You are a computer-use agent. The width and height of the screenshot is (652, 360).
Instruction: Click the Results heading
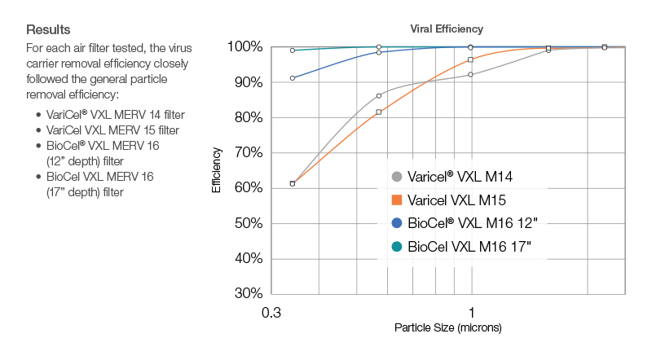tap(48, 29)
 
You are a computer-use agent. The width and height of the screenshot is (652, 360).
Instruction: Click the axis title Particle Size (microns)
tap(447, 328)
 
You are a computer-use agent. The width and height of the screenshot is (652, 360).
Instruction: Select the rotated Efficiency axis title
tap(217, 169)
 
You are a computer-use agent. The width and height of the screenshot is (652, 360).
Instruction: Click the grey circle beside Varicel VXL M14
tap(397, 177)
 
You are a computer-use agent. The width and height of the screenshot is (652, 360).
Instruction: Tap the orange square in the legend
tap(397, 200)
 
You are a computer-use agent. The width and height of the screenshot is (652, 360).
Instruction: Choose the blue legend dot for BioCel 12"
tap(397, 223)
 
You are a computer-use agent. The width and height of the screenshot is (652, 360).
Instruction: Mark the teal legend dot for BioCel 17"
tap(397, 246)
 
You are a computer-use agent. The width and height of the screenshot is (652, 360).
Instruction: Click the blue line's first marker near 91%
tap(293, 78)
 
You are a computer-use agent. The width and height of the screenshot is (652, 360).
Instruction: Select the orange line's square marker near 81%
tap(379, 112)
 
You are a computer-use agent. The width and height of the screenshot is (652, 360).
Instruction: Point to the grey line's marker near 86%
tap(379, 95)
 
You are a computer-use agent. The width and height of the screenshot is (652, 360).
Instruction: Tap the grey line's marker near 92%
tap(471, 74)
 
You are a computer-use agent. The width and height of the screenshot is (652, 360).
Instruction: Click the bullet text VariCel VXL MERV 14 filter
tap(114, 114)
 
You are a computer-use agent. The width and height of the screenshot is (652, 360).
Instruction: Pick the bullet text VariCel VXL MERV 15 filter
tap(114, 130)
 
